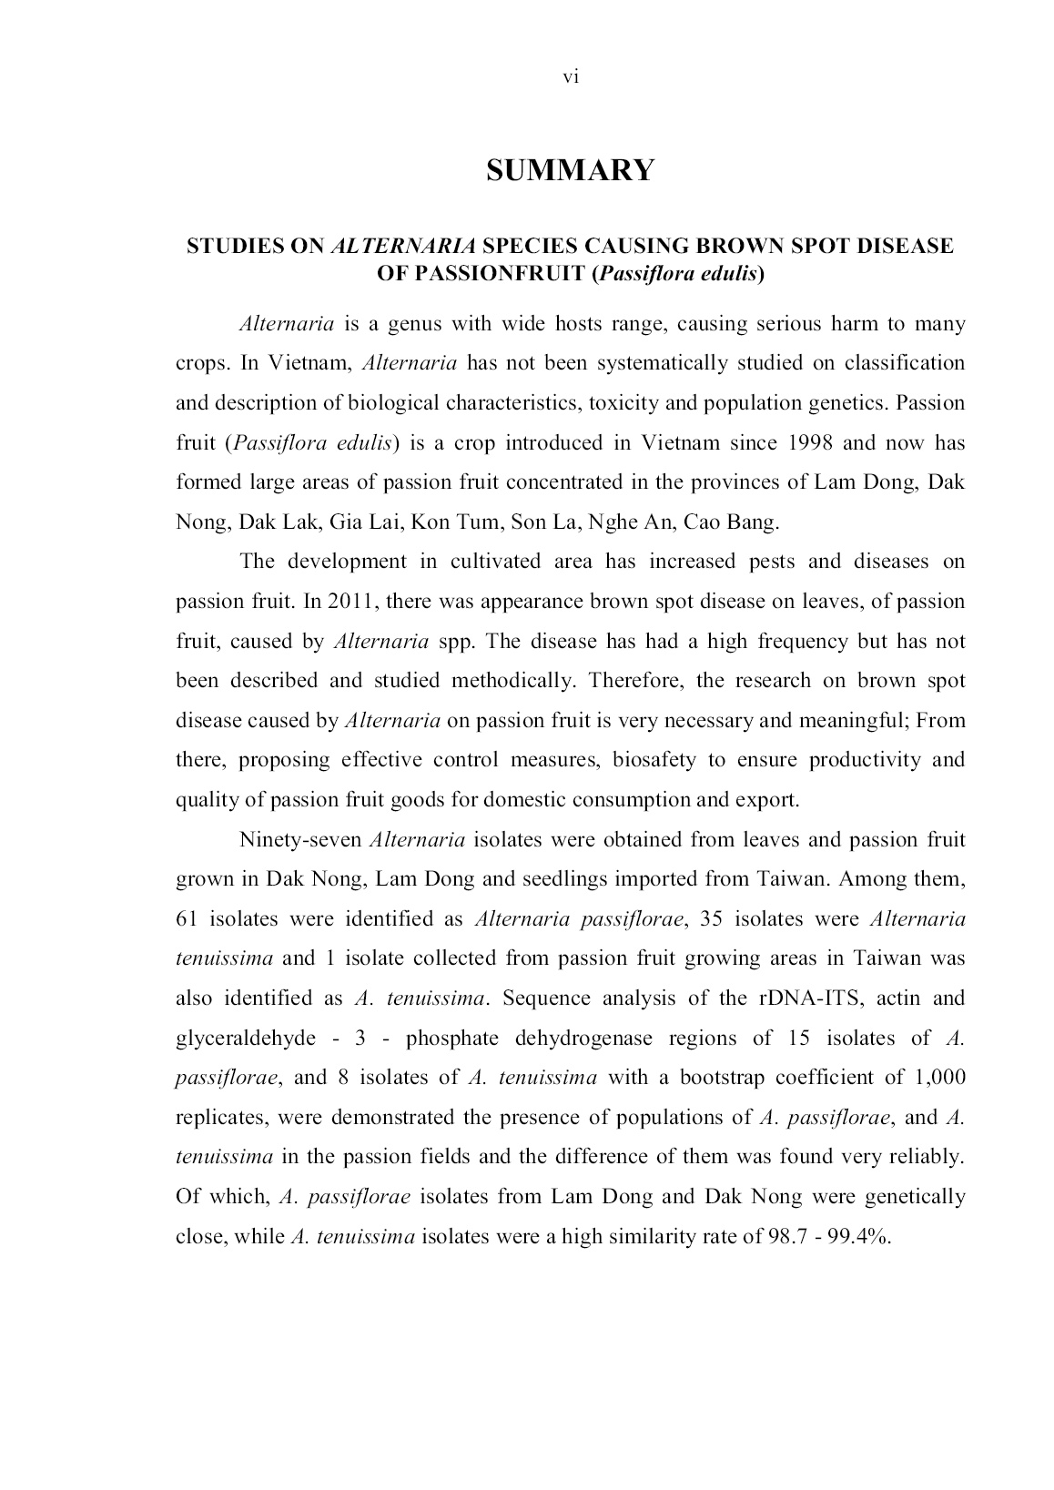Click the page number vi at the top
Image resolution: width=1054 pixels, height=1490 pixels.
tap(571, 77)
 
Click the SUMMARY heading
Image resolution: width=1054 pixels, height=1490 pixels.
tap(570, 170)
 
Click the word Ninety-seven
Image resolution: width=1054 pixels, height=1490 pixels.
tap(300, 839)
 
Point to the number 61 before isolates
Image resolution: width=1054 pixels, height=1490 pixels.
tap(187, 919)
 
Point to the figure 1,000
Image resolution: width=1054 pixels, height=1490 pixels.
tap(939, 1078)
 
